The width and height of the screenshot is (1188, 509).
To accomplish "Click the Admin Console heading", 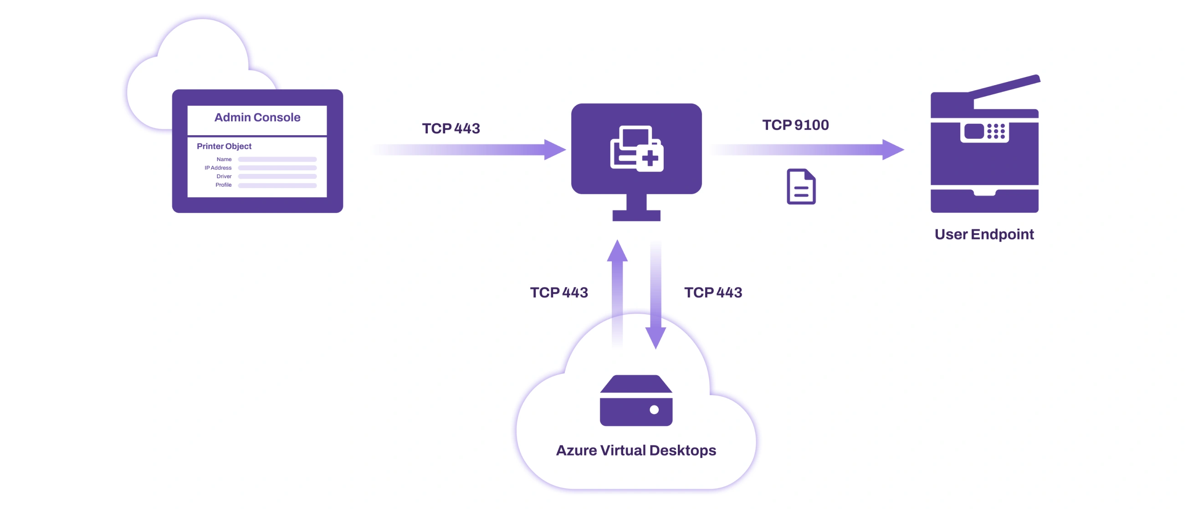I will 257,117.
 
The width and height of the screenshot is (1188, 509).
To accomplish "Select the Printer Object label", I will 224,146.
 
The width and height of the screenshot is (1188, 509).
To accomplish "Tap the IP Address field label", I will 218,168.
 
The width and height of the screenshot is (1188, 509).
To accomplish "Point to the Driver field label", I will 224,176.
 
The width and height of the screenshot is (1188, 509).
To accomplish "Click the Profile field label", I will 224,185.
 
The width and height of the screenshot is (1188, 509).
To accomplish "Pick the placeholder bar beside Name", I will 277,159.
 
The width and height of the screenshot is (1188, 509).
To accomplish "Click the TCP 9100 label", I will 795,125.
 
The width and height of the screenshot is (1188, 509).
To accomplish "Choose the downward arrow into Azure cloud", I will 655,295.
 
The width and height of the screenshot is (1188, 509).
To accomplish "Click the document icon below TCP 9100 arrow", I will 801,187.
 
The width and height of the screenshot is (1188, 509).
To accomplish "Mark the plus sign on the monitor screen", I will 650,159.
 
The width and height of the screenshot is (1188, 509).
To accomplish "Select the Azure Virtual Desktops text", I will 636,450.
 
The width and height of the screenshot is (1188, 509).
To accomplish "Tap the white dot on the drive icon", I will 654,409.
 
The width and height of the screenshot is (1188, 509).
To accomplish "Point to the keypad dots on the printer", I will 996,131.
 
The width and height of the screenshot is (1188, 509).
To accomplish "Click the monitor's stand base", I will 636,215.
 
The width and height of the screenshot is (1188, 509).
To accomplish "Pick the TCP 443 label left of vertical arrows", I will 559,292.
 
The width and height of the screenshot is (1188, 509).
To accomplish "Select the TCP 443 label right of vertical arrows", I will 713,292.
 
